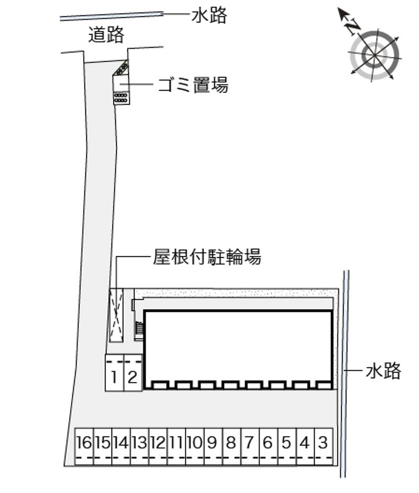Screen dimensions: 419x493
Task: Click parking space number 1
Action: [114, 373]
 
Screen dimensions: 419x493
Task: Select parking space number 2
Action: [133, 373]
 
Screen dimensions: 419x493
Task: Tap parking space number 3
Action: [324, 446]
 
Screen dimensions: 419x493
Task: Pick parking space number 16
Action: [84, 446]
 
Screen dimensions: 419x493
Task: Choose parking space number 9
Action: [213, 446]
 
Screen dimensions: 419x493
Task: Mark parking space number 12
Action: [158, 446]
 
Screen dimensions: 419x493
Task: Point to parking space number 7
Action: [250, 446]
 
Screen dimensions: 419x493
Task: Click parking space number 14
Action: [122, 446]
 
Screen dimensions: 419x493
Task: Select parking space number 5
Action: [287, 446]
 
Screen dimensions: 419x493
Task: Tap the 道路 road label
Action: [106, 35]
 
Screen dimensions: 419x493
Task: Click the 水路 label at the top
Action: [209, 15]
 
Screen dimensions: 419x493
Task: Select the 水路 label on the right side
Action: [383, 370]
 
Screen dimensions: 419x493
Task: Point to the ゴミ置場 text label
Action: [193, 85]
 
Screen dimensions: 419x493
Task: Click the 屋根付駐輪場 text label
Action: [207, 257]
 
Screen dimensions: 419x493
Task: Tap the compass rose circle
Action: [374, 56]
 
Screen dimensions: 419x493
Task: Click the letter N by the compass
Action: [352, 27]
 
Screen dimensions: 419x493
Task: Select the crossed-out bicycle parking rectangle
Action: [116, 315]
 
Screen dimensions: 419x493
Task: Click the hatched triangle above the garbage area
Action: [122, 67]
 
